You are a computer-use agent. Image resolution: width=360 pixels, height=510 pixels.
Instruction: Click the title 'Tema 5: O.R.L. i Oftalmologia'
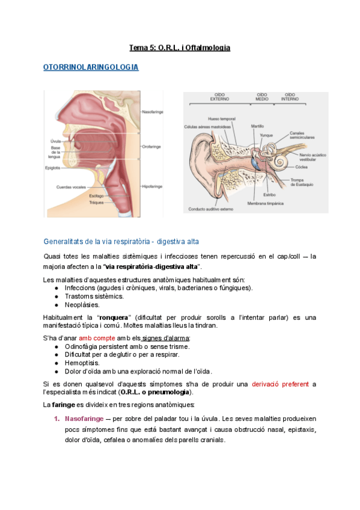point(180,47)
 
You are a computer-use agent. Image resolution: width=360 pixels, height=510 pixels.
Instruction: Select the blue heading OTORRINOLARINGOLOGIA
point(91,67)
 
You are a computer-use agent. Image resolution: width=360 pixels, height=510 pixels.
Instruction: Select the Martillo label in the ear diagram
point(257,126)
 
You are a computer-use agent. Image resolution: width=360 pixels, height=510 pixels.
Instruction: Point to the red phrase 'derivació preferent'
point(280,384)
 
